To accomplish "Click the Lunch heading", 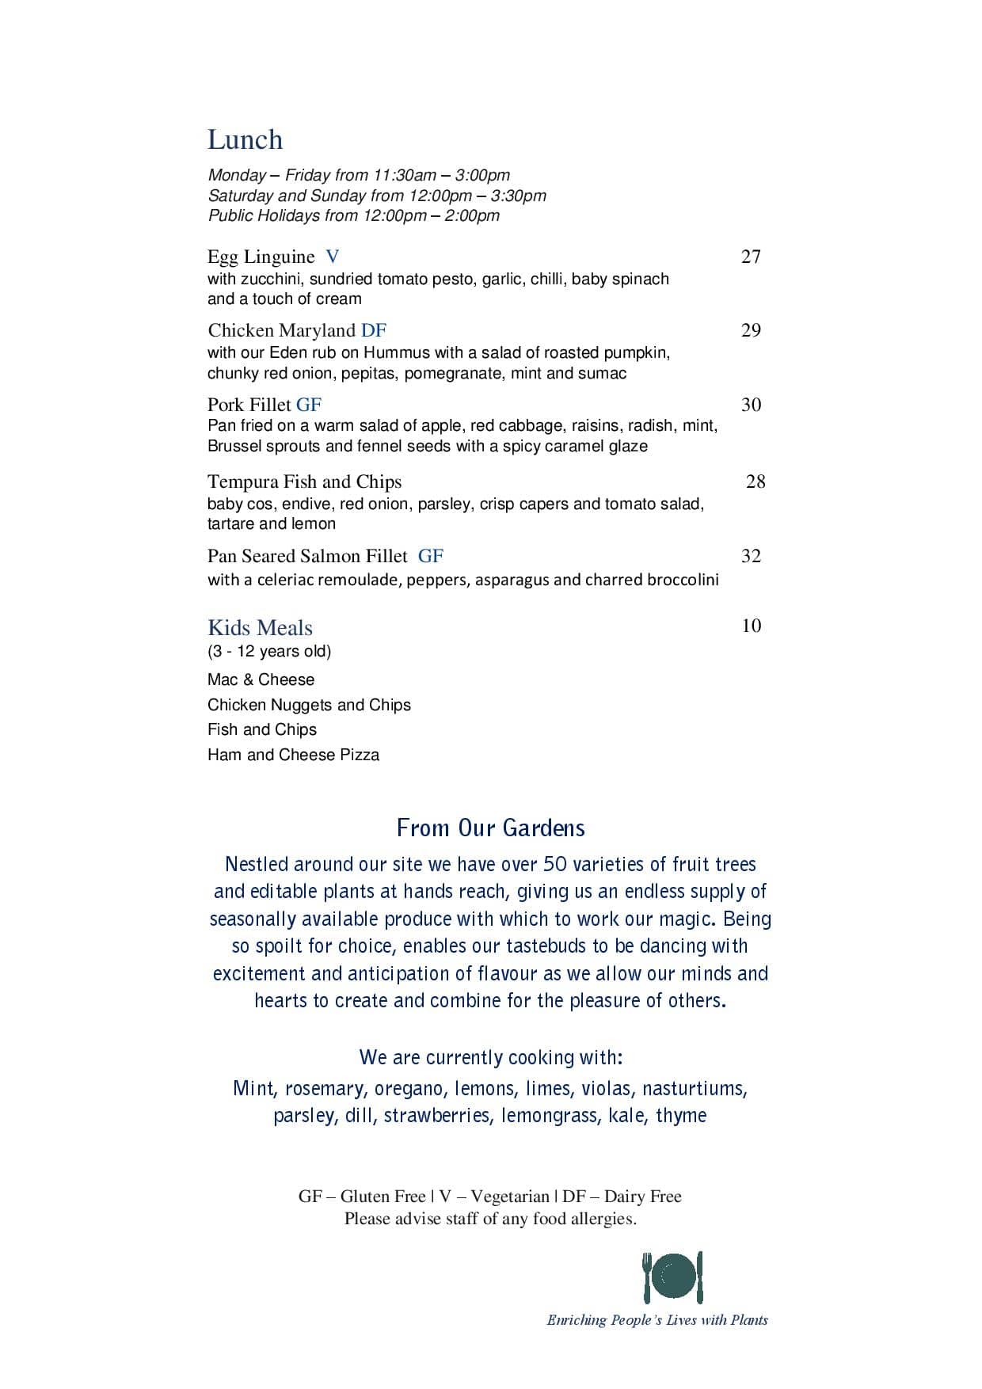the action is coord(245,139).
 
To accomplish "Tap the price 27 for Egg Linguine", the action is coord(751,257).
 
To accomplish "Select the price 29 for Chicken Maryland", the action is coord(751,330).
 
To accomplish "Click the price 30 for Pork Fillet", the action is coord(751,405).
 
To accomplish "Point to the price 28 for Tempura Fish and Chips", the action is coord(756,481).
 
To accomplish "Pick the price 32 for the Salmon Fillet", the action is coord(751,556).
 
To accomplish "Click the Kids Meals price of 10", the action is coord(751,626).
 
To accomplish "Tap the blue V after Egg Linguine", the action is coord(333,257).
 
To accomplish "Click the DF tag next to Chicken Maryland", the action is coord(374,330).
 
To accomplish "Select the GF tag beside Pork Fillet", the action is coord(309,405).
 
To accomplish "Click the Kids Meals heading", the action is coord(260,628).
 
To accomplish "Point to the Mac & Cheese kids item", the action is coord(261,679).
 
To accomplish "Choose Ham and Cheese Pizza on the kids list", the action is coord(293,755).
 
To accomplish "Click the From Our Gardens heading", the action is coord(490,828).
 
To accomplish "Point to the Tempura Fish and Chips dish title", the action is coord(304,481).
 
